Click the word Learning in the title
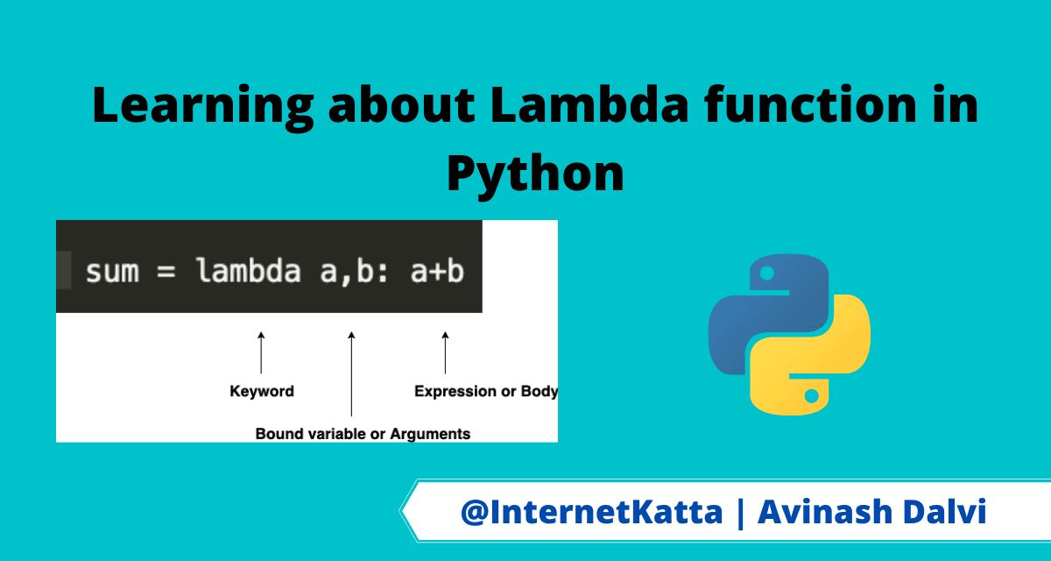(202, 108)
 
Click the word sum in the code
(113, 272)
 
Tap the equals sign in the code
(166, 272)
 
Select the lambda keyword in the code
(249, 270)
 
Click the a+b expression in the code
(437, 271)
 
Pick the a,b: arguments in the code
(354, 272)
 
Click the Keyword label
(262, 391)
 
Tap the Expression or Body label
(486, 391)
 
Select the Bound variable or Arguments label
(363, 434)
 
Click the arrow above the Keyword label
(261, 352)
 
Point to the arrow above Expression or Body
(445, 352)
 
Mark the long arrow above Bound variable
(351, 373)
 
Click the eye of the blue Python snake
(767, 273)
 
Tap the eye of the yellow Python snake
(812, 396)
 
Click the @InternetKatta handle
(592, 512)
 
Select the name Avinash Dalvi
(872, 511)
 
